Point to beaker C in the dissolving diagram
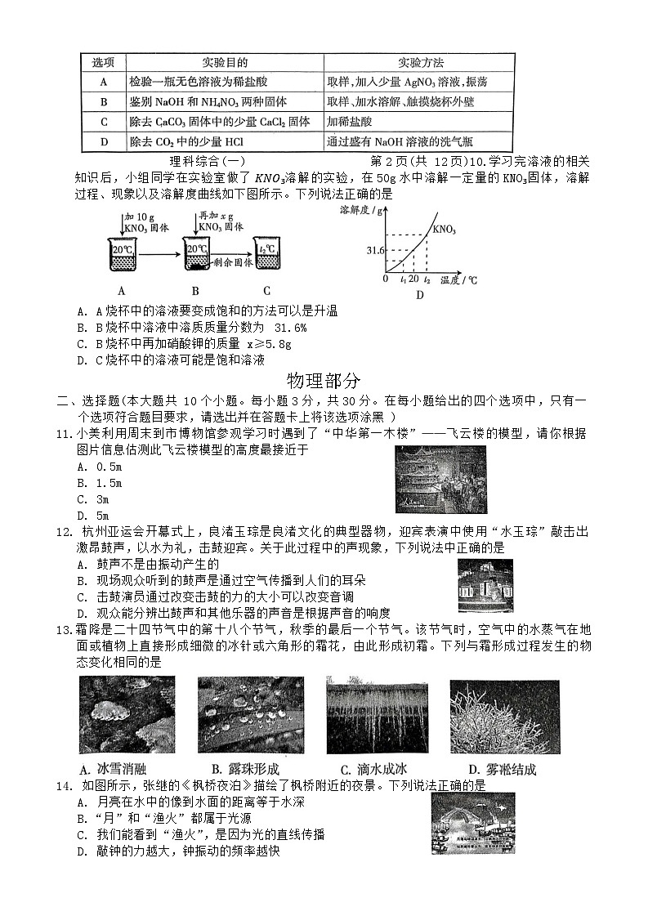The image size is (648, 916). click(x=267, y=255)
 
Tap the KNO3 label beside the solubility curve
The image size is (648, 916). click(x=445, y=229)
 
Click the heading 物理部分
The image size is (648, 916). click(x=324, y=380)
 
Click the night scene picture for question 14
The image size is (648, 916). click(x=472, y=823)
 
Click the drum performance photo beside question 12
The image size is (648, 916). click(x=485, y=585)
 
